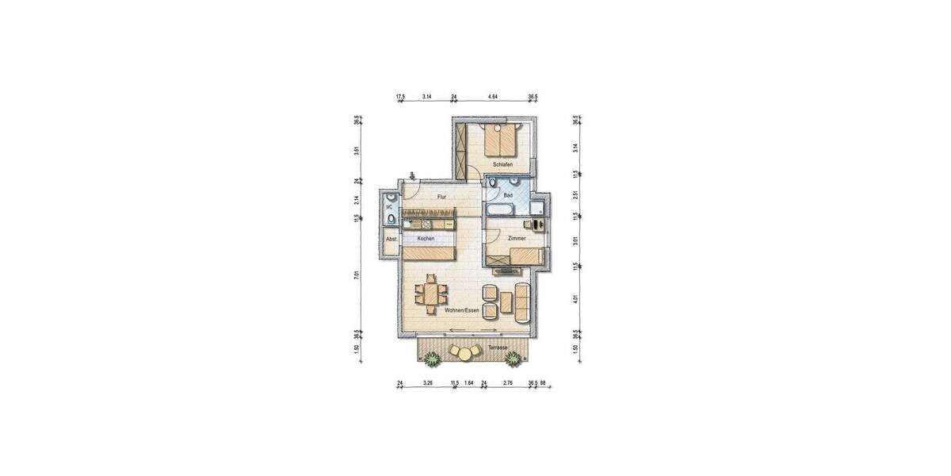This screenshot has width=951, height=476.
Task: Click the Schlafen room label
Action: [x=502, y=164]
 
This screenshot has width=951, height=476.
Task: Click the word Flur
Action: [x=441, y=197]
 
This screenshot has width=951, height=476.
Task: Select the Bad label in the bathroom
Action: [x=508, y=195]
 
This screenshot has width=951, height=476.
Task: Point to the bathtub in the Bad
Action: [x=500, y=210]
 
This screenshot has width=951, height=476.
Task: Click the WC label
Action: [x=389, y=208]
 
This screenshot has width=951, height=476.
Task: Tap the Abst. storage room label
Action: [x=390, y=239]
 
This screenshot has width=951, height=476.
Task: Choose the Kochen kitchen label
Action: [x=426, y=238]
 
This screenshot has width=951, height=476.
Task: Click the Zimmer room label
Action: [x=518, y=238]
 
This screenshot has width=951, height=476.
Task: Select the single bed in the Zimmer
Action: [x=525, y=255]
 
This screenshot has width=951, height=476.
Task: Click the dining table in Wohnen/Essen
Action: [x=431, y=295]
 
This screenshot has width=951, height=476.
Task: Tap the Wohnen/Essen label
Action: [x=461, y=310]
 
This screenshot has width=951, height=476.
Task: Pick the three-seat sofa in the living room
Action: [x=521, y=301]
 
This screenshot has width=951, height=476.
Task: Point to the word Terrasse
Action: [x=498, y=348]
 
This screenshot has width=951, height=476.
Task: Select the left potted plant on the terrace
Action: [x=432, y=359]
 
